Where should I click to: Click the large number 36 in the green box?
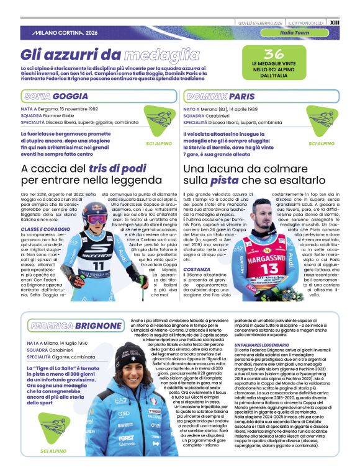(x=274, y=53)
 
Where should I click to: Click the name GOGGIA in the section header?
(x=70, y=97)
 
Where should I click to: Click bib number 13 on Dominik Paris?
(x=271, y=268)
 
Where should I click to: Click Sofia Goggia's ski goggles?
(x=96, y=219)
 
